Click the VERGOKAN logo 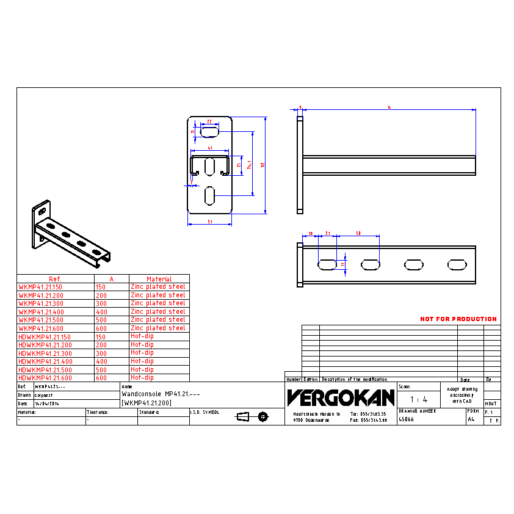(341, 398)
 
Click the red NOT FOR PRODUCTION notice (458, 319)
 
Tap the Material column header (159, 279)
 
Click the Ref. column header (55, 279)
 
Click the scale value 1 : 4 (418, 399)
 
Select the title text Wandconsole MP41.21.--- (161, 394)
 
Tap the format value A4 (471, 419)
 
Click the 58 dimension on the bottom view (358, 233)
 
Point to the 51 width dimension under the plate (209, 222)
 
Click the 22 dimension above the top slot (209, 121)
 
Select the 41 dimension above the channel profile (209, 148)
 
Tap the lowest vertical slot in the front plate (209, 195)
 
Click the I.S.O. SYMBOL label (205, 412)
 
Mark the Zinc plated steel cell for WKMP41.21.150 (157, 287)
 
